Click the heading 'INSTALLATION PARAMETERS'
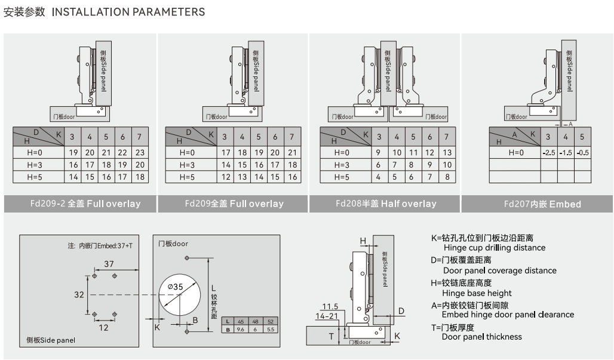point(128,12)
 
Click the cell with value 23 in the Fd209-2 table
point(140,152)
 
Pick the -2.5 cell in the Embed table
point(549,152)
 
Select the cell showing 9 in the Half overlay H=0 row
point(379,152)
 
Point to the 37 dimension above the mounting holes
point(109,264)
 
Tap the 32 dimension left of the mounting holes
point(79,294)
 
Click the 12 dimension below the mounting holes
point(104,327)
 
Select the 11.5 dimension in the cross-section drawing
point(330,307)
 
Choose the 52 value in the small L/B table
point(271,321)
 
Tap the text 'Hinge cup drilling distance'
point(495,248)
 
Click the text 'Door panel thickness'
point(481,337)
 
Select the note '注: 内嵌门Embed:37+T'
point(100,245)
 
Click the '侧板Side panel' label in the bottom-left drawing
point(51,340)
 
